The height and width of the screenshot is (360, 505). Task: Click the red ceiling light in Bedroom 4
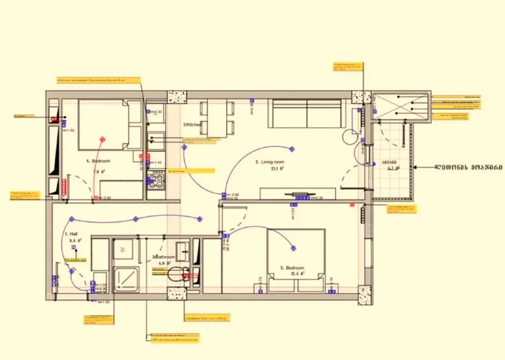[x=102, y=139]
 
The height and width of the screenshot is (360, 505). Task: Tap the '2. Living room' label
[x=270, y=162]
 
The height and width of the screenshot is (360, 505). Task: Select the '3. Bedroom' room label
[x=292, y=268]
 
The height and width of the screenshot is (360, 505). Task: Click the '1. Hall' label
[x=71, y=234]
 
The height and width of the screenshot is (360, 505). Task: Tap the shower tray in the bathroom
[x=126, y=277]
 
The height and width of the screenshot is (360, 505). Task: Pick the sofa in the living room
[x=307, y=114]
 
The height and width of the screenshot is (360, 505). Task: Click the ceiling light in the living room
[x=292, y=148]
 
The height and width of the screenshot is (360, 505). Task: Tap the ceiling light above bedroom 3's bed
[x=294, y=248]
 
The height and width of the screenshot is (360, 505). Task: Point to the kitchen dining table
[x=219, y=118]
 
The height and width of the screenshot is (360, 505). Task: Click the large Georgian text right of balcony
[x=468, y=167]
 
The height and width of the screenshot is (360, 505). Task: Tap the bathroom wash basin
[x=185, y=250]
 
